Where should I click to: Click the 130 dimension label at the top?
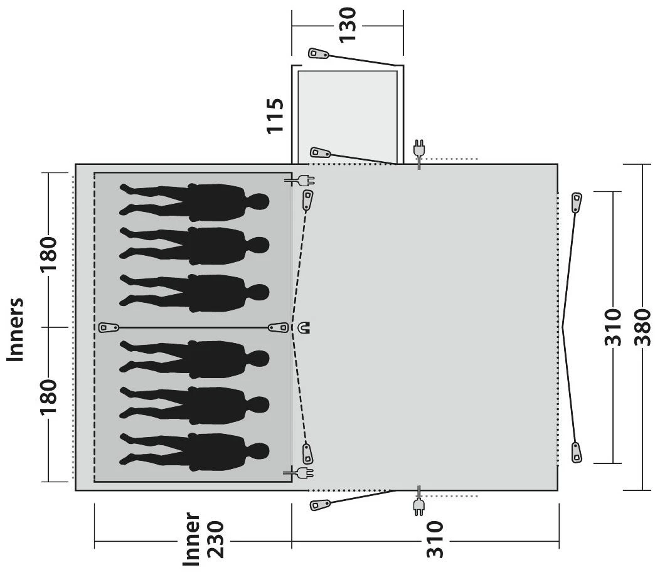click(x=348, y=25)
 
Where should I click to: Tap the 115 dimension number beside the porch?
click(x=275, y=116)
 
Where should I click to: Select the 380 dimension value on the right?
click(x=642, y=327)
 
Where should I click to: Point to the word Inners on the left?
click(x=16, y=329)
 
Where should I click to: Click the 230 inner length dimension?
click(x=216, y=540)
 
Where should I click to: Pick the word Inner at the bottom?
click(x=191, y=539)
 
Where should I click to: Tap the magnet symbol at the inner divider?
click(x=304, y=327)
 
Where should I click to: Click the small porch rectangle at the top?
click(x=348, y=115)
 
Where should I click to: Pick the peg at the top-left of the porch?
click(x=318, y=54)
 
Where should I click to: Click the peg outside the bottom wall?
click(x=320, y=504)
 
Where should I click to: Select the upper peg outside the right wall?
click(x=577, y=203)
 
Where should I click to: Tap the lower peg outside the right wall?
click(x=577, y=453)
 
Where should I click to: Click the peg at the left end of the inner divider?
click(x=109, y=327)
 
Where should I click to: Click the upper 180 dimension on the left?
click(x=48, y=255)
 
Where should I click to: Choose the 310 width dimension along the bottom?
click(x=435, y=540)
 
